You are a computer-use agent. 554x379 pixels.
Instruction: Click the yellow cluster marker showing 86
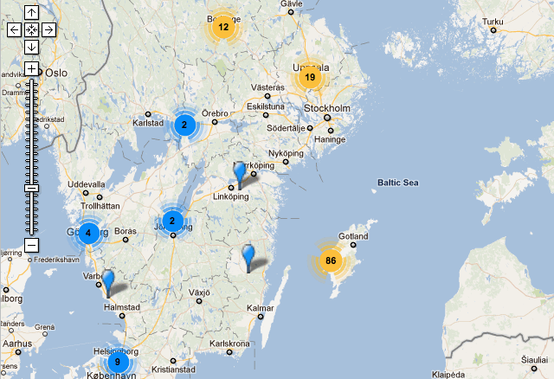point(331,260)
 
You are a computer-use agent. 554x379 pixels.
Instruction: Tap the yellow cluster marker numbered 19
point(309,78)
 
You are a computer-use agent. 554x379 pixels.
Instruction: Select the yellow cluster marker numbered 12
point(223,27)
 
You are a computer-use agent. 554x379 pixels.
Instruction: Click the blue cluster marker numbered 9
point(118,362)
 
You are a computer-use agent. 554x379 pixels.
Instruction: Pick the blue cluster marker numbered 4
point(88,233)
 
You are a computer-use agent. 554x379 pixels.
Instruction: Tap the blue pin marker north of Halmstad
point(107,280)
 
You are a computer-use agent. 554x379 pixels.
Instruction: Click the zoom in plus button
point(31,68)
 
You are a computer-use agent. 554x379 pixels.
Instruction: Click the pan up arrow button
point(31,12)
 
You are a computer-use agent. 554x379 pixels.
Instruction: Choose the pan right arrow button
point(48,29)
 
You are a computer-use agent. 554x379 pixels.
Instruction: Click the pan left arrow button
point(14,29)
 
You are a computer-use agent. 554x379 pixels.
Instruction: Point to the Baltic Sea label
point(397,183)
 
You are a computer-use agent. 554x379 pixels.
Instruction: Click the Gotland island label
point(353,235)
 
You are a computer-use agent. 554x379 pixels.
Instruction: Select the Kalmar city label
point(260,308)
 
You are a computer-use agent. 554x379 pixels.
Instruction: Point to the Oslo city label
point(56,73)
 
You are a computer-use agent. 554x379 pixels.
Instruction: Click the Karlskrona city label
point(229,344)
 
